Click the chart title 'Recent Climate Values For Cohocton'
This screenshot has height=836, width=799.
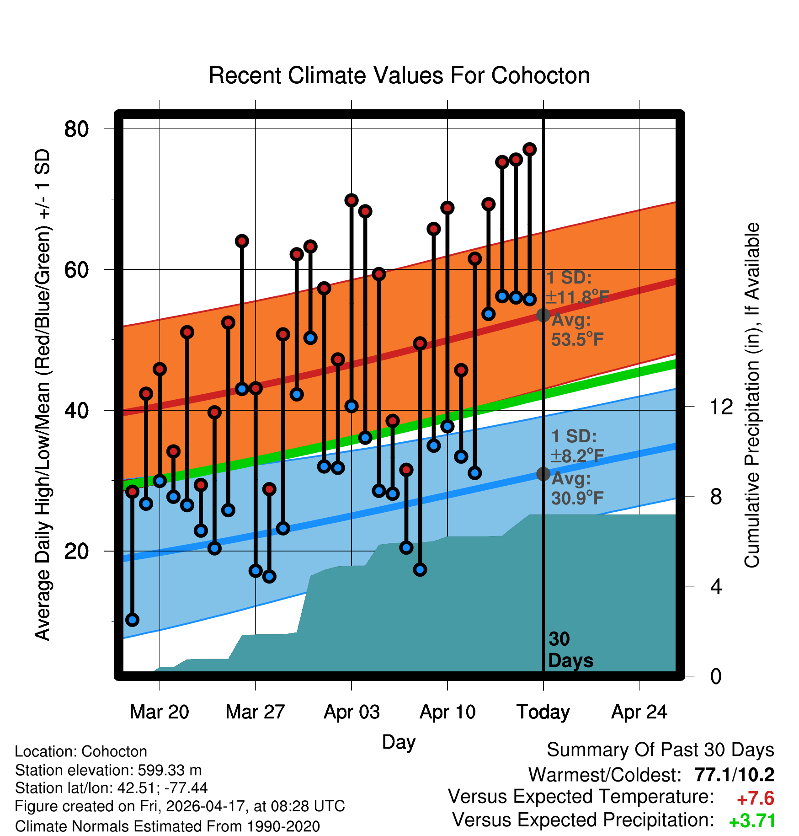tap(399, 75)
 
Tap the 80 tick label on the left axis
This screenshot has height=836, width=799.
tap(76, 129)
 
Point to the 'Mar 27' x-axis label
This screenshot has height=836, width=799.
tap(255, 712)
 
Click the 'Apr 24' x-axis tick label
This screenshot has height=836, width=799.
tap(639, 712)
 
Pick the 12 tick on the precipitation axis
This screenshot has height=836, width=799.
tap(721, 407)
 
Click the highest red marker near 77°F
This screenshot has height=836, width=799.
tap(530, 149)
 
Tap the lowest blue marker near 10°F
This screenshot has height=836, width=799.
tap(133, 620)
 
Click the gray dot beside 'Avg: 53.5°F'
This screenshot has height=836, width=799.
tap(543, 315)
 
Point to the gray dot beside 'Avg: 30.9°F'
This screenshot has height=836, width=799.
tap(543, 474)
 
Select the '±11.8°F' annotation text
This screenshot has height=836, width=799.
tap(577, 297)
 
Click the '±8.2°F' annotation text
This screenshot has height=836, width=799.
tap(577, 456)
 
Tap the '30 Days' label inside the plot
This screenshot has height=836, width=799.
tap(570, 650)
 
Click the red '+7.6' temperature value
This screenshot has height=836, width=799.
tap(755, 798)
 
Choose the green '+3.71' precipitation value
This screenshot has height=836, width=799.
tap(752, 821)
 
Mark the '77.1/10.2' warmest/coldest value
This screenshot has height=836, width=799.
tap(735, 775)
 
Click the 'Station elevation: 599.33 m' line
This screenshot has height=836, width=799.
tap(108, 770)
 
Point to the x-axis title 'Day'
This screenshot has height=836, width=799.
tap(399, 743)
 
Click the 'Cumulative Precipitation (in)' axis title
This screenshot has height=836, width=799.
tap(752, 395)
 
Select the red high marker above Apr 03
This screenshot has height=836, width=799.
tap(352, 200)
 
